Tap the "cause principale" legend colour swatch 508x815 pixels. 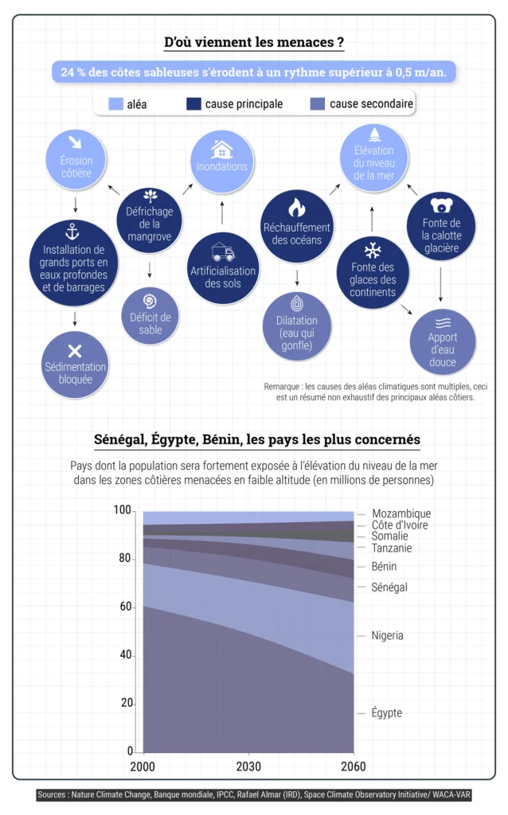[x=193, y=104]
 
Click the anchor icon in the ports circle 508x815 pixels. [x=75, y=232]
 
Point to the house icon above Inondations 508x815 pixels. [x=221, y=149]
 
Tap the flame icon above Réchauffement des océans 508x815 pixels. [x=296, y=207]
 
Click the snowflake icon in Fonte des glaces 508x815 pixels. [x=372, y=247]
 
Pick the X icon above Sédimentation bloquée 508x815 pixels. [x=75, y=351]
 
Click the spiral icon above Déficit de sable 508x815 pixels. [x=150, y=300]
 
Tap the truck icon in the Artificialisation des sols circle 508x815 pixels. [x=222, y=253]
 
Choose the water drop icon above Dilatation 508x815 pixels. [x=297, y=303]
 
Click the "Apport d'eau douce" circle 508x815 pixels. [x=442, y=342]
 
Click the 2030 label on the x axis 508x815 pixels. [x=248, y=766]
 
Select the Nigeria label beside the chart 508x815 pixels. [x=387, y=635]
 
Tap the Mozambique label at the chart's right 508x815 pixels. [x=401, y=513]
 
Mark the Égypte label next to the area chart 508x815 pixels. [x=386, y=713]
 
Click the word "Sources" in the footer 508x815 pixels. [x=53, y=794]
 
